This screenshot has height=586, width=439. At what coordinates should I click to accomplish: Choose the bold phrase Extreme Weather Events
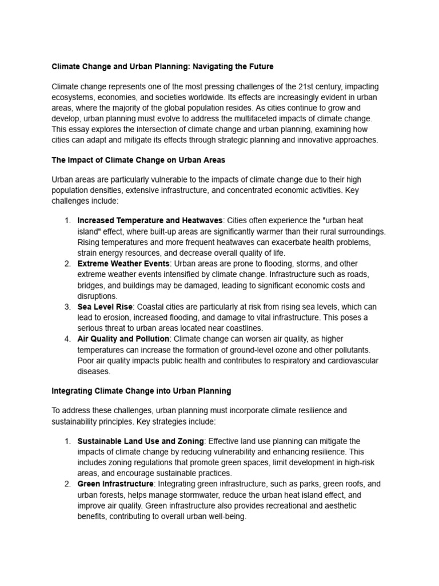123,264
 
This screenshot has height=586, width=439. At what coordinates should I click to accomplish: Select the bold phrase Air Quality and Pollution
123,339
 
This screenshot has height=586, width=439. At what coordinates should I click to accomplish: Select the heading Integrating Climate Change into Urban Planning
141,391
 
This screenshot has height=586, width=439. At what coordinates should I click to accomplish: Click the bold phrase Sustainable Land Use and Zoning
141,441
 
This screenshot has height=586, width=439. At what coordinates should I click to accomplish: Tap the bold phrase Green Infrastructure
115,484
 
